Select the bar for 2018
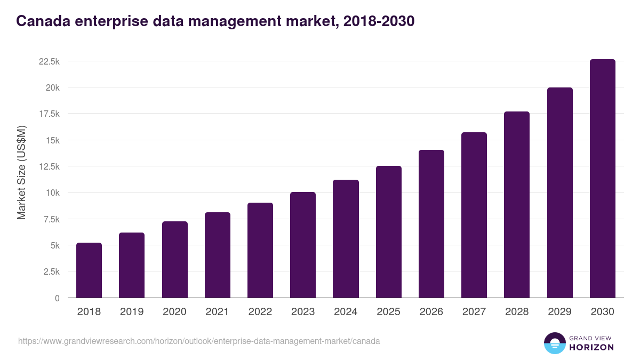[89, 270]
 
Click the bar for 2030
[602, 179]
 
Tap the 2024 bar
[346, 239]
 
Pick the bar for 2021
[218, 255]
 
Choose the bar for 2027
[474, 215]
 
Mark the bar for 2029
[559, 193]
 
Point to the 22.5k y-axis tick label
[49, 61]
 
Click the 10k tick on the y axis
[52, 193]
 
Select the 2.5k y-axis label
[51, 271]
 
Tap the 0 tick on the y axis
[57, 298]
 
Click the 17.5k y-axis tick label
[49, 114]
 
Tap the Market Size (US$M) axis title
[21, 173]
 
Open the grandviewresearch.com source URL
[199, 341]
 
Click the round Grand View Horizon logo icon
[554, 343]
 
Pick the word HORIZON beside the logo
[591, 347]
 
